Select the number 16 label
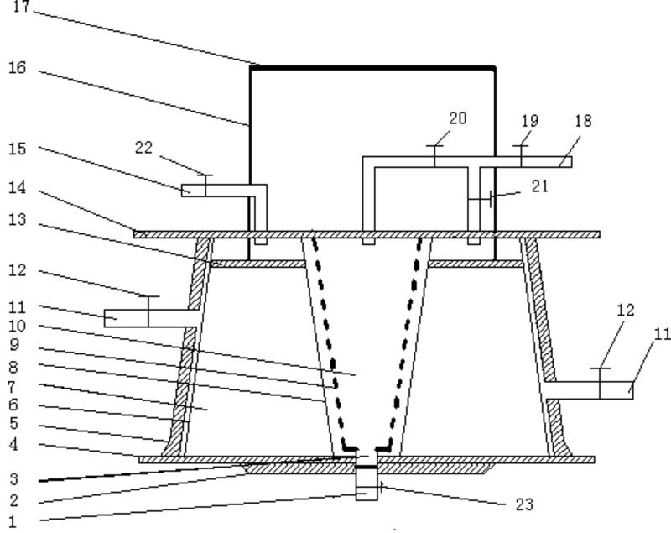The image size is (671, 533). pyautogui.click(x=18, y=67)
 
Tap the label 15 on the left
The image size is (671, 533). pyautogui.click(x=18, y=149)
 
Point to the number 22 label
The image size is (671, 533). pyautogui.click(x=143, y=147)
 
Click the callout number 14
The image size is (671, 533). pyautogui.click(x=18, y=187)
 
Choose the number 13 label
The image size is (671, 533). pyautogui.click(x=18, y=220)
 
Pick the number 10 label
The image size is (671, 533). pyautogui.click(x=18, y=326)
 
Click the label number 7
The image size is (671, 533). pyautogui.click(x=13, y=386)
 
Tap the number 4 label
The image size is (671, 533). pyautogui.click(x=13, y=444)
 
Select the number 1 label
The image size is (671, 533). pyautogui.click(x=13, y=521)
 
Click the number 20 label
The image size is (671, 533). pyautogui.click(x=457, y=118)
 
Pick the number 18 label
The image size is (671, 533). pyautogui.click(x=582, y=121)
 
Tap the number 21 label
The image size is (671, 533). pyautogui.click(x=539, y=186)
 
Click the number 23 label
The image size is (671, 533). pyautogui.click(x=524, y=504)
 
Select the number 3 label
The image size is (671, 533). pyautogui.click(x=13, y=480)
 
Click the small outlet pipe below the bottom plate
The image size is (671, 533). pyautogui.click(x=367, y=484)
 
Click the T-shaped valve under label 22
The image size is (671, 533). pyautogui.click(x=205, y=183)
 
